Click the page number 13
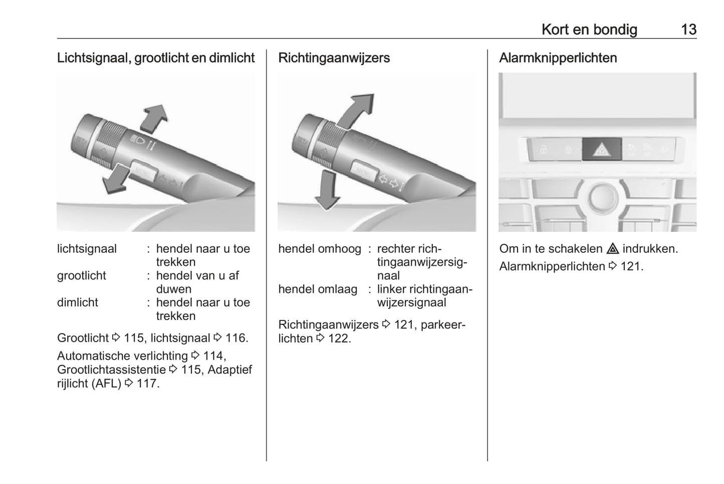688,30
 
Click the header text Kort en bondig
589,30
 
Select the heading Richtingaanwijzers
334,58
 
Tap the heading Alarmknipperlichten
558,58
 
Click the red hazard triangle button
601,149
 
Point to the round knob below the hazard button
602,197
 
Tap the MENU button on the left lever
143,171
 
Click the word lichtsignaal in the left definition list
87,249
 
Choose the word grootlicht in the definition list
82,276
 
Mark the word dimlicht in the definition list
78,302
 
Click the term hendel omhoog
320,249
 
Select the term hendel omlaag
318,289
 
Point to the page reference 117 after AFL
147,384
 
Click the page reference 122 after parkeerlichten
339,339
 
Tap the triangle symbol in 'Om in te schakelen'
612,249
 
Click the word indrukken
650,249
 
